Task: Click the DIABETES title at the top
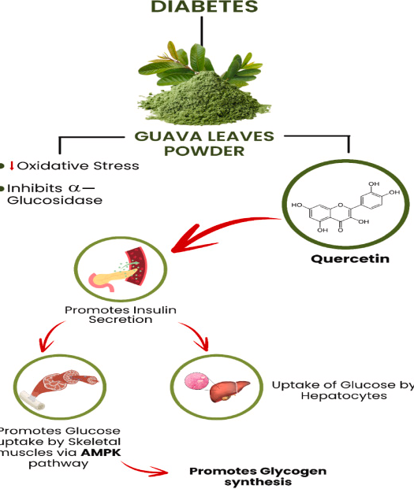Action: (x=204, y=6)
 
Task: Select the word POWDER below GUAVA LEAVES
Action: (x=204, y=151)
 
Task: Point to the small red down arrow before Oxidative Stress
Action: (x=12, y=165)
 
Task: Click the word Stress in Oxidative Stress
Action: (x=116, y=165)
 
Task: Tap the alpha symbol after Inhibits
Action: (x=74, y=188)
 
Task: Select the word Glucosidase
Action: (x=54, y=200)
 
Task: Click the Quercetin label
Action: (x=350, y=258)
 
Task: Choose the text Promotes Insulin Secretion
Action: (x=121, y=315)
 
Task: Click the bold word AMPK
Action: (x=101, y=452)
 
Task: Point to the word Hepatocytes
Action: (x=344, y=396)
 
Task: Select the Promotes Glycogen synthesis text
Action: (x=258, y=476)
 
